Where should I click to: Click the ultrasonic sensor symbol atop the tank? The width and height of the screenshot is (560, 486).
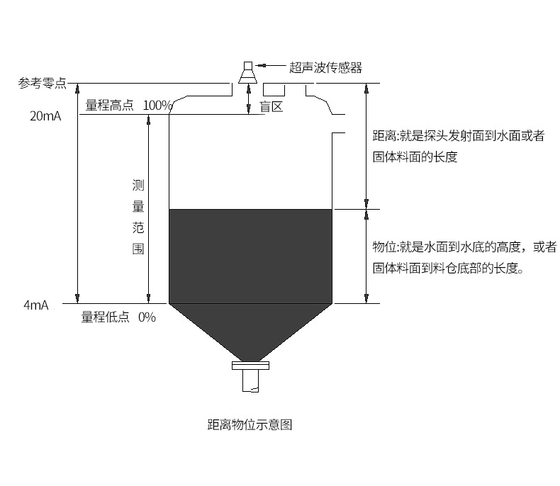tap(248, 72)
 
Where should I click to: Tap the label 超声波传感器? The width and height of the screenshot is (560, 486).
tap(325, 68)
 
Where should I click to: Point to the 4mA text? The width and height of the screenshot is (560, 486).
tap(35, 305)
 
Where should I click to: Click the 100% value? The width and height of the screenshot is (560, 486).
tap(157, 106)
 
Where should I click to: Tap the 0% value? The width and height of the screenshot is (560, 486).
tap(147, 317)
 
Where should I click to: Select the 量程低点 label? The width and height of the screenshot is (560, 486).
tap(106, 317)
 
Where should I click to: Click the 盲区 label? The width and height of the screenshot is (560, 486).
tap(271, 107)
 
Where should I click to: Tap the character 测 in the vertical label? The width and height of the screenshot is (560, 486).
tap(138, 186)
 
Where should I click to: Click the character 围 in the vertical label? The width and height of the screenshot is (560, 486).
tap(138, 249)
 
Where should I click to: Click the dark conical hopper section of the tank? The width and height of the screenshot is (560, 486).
tap(251, 329)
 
